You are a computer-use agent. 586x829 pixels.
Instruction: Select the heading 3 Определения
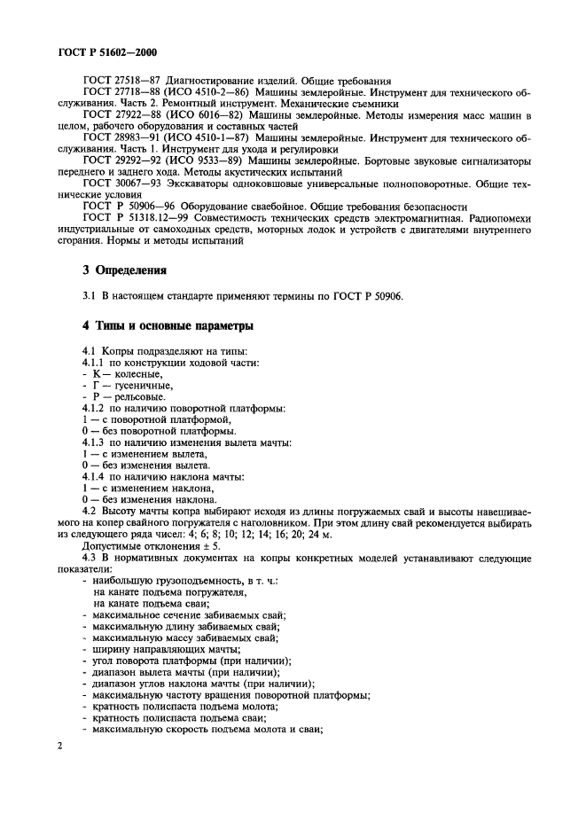(121, 270)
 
